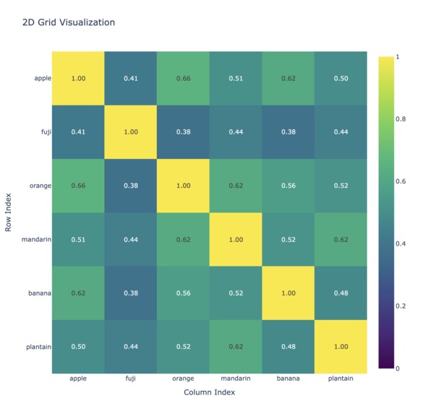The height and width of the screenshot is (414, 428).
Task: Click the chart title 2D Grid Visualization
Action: coord(69,22)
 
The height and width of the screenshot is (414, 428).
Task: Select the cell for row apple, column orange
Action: coord(183,78)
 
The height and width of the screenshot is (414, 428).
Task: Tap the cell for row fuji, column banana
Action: coord(288,132)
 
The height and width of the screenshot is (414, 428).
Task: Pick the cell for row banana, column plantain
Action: coord(341,293)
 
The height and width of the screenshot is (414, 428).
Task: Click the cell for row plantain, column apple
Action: coord(78,347)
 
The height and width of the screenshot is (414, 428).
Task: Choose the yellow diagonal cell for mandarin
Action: coord(236,239)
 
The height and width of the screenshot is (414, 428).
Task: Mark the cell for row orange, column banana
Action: coord(288,186)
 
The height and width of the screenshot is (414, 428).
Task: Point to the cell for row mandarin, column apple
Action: coord(78,239)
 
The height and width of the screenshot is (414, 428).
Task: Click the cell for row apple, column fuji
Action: coord(131,78)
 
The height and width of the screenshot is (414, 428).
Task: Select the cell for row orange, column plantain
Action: coord(341,186)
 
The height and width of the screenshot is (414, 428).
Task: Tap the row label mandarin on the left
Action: coord(36,239)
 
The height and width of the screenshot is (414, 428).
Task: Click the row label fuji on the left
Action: coord(46,132)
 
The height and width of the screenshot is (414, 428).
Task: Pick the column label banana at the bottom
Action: coord(288,379)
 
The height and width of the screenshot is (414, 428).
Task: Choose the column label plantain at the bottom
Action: coord(341,379)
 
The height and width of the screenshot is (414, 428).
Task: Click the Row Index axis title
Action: coord(8,212)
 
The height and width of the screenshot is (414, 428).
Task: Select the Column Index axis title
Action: coord(210,392)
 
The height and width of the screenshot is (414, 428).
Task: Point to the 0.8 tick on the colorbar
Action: coord(401,119)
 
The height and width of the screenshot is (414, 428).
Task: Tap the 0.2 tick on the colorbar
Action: coord(401,306)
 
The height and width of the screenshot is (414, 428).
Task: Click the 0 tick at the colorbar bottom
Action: coord(398,368)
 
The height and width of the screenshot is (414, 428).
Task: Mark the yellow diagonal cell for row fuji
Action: coord(131,132)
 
